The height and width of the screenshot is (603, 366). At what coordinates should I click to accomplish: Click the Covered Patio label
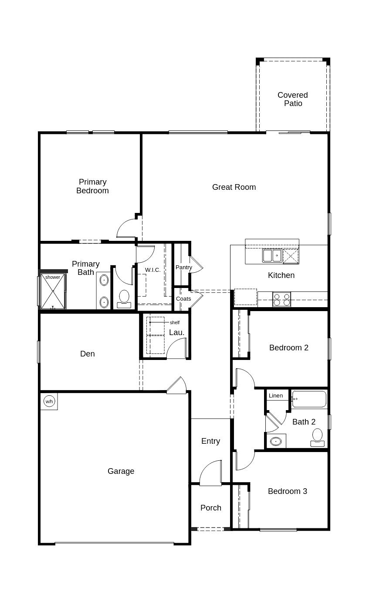pyautogui.click(x=292, y=99)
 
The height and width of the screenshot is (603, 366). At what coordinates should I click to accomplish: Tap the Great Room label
pyautogui.click(x=234, y=187)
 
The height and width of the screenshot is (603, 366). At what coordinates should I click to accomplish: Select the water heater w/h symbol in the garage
pyautogui.click(x=49, y=401)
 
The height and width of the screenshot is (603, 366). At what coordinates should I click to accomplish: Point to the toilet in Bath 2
pyautogui.click(x=317, y=437)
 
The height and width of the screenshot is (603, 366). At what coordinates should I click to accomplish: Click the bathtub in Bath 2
pyautogui.click(x=308, y=399)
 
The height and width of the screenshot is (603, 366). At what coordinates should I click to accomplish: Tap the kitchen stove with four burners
pyautogui.click(x=281, y=299)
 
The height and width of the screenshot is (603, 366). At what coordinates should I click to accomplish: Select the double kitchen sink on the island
pyautogui.click(x=272, y=255)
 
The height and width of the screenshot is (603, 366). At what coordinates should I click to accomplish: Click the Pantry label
pyautogui.click(x=183, y=267)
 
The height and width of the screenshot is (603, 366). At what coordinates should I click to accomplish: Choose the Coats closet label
pyautogui.click(x=183, y=299)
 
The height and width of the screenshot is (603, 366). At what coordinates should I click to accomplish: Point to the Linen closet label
pyautogui.click(x=276, y=396)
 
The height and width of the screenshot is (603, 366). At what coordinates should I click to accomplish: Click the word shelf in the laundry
pyautogui.click(x=175, y=322)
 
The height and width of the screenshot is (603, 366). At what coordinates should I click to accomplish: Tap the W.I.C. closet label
pyautogui.click(x=152, y=270)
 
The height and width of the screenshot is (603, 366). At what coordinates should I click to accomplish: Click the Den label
pyautogui.click(x=87, y=354)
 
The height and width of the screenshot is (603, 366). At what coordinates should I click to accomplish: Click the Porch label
pyautogui.click(x=211, y=508)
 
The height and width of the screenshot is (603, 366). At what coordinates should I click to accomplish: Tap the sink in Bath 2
pyautogui.click(x=275, y=441)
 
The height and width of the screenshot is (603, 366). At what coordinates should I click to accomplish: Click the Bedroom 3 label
pyautogui.click(x=287, y=491)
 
